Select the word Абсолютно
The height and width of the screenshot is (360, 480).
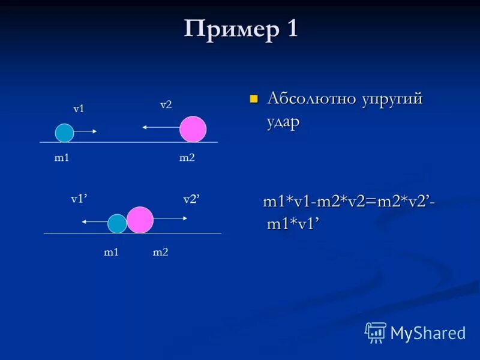[x=311, y=98]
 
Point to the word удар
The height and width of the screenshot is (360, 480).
[x=283, y=121]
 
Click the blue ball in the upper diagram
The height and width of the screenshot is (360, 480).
[x=64, y=133]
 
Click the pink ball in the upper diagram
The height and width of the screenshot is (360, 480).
[x=193, y=129]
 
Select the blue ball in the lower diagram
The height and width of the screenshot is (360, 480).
[x=117, y=224]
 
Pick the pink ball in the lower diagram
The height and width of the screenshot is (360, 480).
[x=140, y=220]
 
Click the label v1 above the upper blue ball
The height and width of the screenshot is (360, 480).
[x=79, y=109]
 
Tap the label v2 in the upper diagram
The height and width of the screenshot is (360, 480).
[x=166, y=104]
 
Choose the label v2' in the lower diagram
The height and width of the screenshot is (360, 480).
[x=191, y=199]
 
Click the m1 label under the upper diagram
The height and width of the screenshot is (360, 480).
[x=62, y=158]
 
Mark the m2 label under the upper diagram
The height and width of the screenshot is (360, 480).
[x=187, y=158]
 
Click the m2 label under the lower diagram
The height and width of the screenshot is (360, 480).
[x=160, y=253]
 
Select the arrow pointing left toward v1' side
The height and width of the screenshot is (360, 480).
[x=94, y=222]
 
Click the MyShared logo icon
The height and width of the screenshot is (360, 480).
[x=376, y=332]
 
